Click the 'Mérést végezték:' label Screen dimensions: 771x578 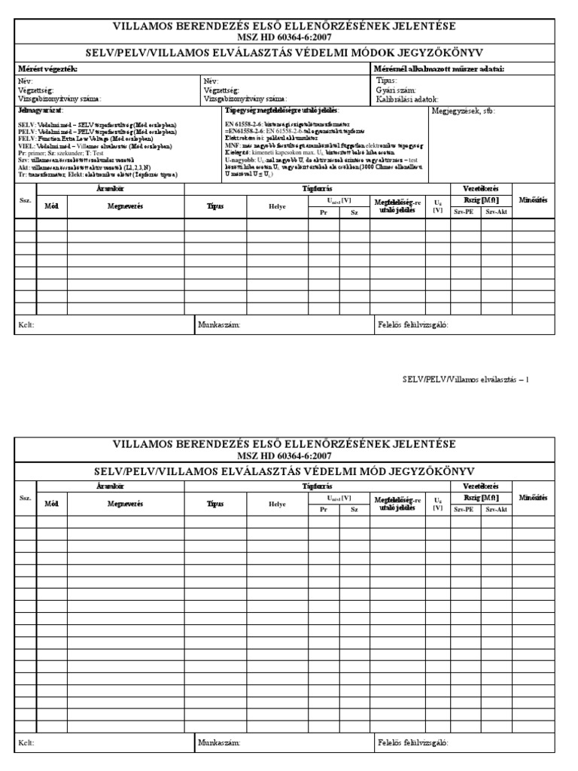(x=47, y=69)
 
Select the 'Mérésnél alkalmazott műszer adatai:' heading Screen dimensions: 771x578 (x=439, y=69)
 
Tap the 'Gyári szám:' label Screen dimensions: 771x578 (x=395, y=90)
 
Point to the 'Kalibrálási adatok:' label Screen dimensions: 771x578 (x=406, y=99)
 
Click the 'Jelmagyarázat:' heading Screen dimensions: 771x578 (x=41, y=111)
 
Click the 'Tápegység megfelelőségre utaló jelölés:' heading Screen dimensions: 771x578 (x=282, y=111)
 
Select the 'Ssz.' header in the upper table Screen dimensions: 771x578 (x=26, y=202)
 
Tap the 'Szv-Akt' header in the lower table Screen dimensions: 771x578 (x=497, y=510)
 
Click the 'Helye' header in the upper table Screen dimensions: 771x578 (x=278, y=206)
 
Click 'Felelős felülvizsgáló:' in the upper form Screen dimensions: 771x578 (x=412, y=325)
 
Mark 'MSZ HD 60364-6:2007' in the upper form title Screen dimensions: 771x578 (x=283, y=37)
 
